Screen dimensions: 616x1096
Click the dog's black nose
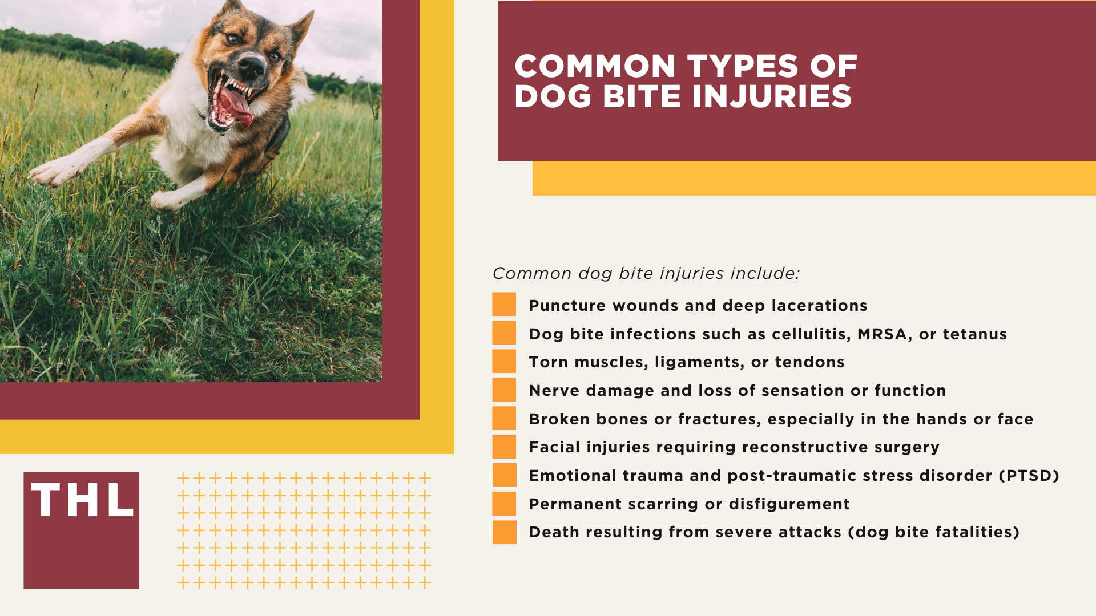251,67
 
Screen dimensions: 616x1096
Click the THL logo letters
82,500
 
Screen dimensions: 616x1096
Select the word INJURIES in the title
772,96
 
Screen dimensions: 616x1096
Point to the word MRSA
882,334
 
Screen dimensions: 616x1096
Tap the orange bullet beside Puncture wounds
504,305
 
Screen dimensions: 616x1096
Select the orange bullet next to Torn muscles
504,362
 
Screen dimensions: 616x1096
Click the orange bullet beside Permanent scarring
504,504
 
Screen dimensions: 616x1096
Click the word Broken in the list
559,419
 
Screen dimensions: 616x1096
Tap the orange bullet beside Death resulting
504,532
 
